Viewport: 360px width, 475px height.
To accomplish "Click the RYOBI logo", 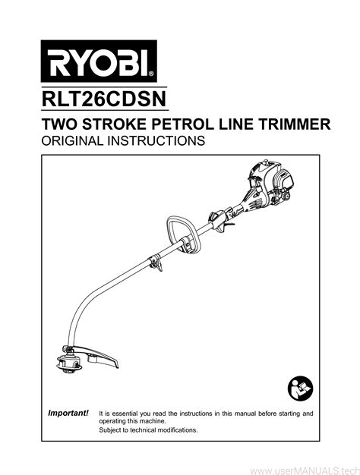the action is (x=99, y=61).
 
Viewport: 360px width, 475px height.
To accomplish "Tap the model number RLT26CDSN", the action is (x=104, y=99).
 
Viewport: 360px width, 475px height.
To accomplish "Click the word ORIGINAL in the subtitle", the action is (x=72, y=140).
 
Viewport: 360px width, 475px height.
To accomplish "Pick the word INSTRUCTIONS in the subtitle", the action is (x=156, y=140).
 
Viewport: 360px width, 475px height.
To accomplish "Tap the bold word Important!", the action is (x=68, y=413).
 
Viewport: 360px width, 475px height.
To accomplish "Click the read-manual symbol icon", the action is (x=300, y=388).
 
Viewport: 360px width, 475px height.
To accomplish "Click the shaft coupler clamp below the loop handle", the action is (x=156, y=262).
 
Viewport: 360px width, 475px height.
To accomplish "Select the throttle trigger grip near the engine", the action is (x=221, y=221).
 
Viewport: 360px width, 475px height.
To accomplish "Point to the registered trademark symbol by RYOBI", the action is (x=151, y=74).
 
